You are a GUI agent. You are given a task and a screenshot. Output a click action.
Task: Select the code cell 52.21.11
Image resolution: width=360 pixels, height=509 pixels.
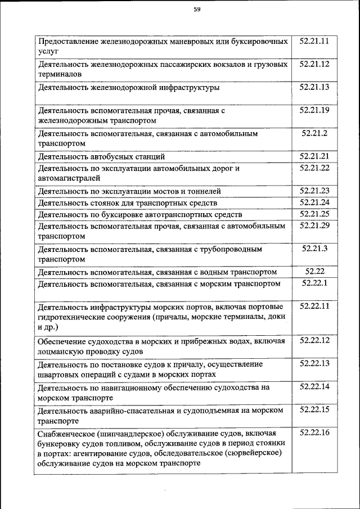point(314,41)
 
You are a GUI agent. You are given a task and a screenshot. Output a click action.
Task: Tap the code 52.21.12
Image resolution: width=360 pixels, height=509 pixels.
point(314,64)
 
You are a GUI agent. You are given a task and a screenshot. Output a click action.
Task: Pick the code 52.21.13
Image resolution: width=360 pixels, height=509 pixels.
point(314,87)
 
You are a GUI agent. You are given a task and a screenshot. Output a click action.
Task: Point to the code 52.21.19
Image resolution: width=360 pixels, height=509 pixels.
point(314,110)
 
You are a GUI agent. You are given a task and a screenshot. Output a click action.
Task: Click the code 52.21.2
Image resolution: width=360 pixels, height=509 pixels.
point(314,133)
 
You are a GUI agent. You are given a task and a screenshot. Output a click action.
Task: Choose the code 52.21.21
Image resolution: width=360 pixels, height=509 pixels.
point(314,156)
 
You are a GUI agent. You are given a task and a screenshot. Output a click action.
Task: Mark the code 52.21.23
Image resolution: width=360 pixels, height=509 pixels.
point(314,191)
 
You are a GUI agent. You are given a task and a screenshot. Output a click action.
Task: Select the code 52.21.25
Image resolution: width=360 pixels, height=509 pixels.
point(314,214)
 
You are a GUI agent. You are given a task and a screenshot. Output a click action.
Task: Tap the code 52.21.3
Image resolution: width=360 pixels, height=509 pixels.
point(314,248)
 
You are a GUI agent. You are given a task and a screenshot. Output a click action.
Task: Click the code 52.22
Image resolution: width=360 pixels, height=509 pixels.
point(314,272)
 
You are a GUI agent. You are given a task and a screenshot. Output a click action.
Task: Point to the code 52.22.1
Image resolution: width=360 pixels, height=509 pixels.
point(314,283)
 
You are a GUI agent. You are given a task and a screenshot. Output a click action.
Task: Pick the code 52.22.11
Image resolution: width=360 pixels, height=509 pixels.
point(314,306)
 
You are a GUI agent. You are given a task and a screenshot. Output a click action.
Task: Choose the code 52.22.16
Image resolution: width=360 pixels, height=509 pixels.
point(314,433)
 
